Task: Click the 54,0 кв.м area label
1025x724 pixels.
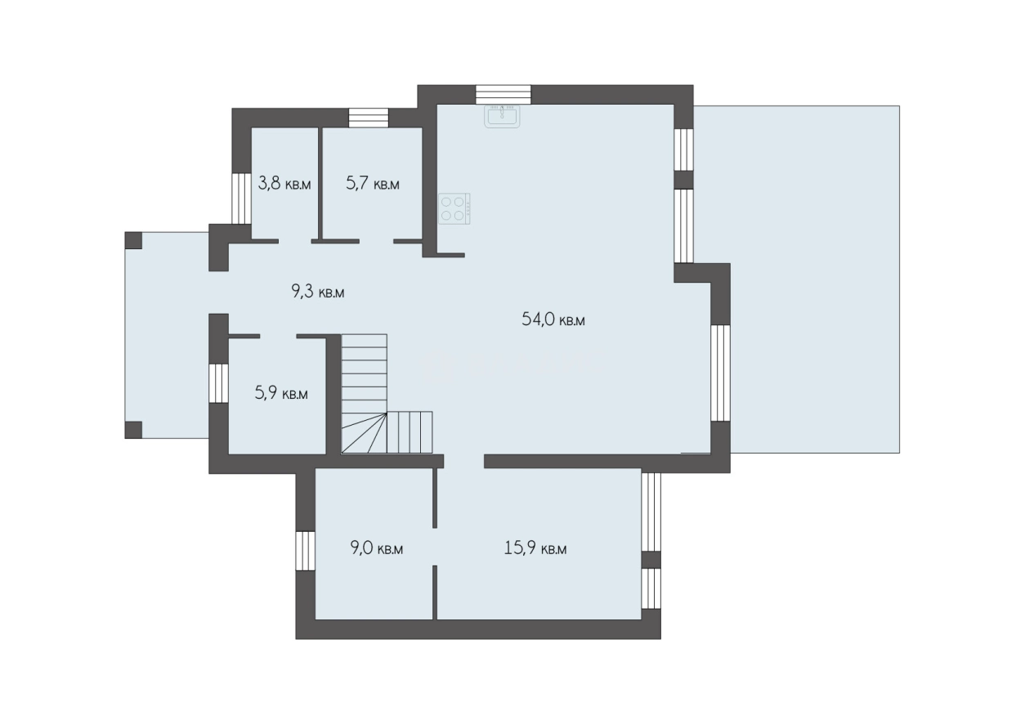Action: pyautogui.click(x=553, y=319)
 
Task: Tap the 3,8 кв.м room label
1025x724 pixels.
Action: pyautogui.click(x=284, y=183)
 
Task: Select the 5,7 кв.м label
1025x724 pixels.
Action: pyautogui.click(x=373, y=183)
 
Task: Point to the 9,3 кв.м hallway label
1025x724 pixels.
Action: pyautogui.click(x=318, y=292)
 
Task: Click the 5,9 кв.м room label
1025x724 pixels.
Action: pyautogui.click(x=281, y=393)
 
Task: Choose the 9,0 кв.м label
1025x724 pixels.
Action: pyautogui.click(x=377, y=547)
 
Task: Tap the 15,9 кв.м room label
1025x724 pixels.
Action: pyautogui.click(x=535, y=547)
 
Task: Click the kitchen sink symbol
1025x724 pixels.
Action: pyautogui.click(x=502, y=116)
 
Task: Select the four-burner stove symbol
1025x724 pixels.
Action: pyautogui.click(x=454, y=208)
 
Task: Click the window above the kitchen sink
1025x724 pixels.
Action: pyautogui.click(x=504, y=95)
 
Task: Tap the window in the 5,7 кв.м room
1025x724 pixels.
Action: pyautogui.click(x=369, y=118)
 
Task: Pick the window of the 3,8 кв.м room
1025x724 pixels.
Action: pyautogui.click(x=241, y=198)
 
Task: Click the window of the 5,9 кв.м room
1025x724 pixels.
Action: pyautogui.click(x=219, y=383)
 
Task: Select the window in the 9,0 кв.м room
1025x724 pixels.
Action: pyautogui.click(x=305, y=551)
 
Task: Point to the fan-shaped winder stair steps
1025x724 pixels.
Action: pyautogui.click(x=365, y=432)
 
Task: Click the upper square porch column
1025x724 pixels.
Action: pyautogui.click(x=133, y=240)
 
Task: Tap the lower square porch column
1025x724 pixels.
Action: pyautogui.click(x=133, y=430)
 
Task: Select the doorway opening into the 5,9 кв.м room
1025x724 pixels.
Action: pyautogui.click(x=278, y=336)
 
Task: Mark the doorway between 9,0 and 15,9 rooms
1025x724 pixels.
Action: pyautogui.click(x=435, y=547)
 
